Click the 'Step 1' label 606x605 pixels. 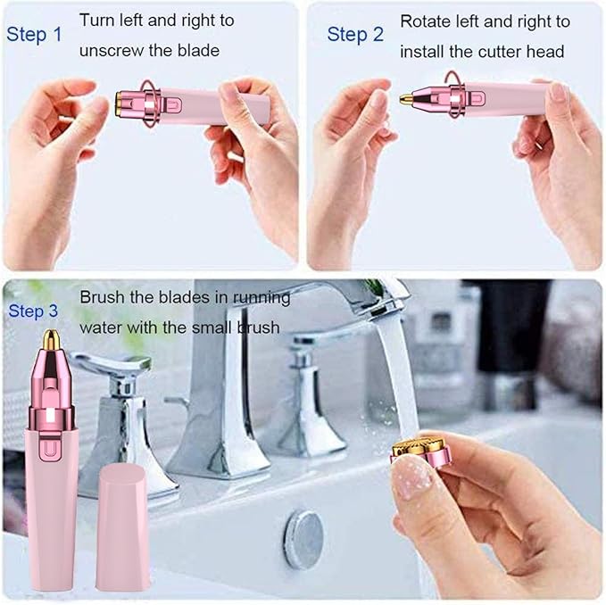(35, 35)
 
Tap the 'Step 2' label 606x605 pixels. (355, 35)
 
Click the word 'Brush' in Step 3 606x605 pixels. (102, 297)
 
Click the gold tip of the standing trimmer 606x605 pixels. (52, 340)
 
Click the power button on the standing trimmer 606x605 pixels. (54, 443)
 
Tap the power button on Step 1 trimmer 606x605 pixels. (170, 105)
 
